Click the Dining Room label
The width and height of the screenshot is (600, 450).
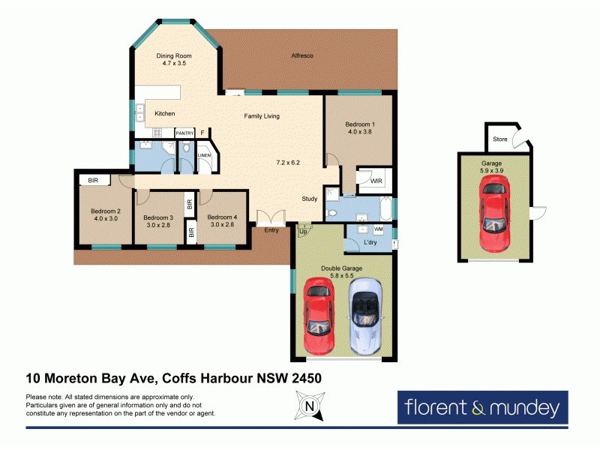[173, 56]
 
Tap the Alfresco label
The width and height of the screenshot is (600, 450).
[301, 56]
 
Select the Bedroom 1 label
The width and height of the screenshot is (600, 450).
[359, 124]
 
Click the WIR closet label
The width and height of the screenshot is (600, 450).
[366, 180]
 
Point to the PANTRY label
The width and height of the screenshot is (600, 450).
[184, 133]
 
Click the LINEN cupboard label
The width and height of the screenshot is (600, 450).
[204, 156]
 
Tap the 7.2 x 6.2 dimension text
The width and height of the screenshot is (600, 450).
[288, 163]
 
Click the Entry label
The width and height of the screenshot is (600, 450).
[271, 230]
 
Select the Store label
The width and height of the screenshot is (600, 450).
[500, 139]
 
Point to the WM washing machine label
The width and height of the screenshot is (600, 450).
[379, 228]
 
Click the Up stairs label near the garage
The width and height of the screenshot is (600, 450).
[303, 232]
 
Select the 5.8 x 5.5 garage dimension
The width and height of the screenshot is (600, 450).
[342, 276]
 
